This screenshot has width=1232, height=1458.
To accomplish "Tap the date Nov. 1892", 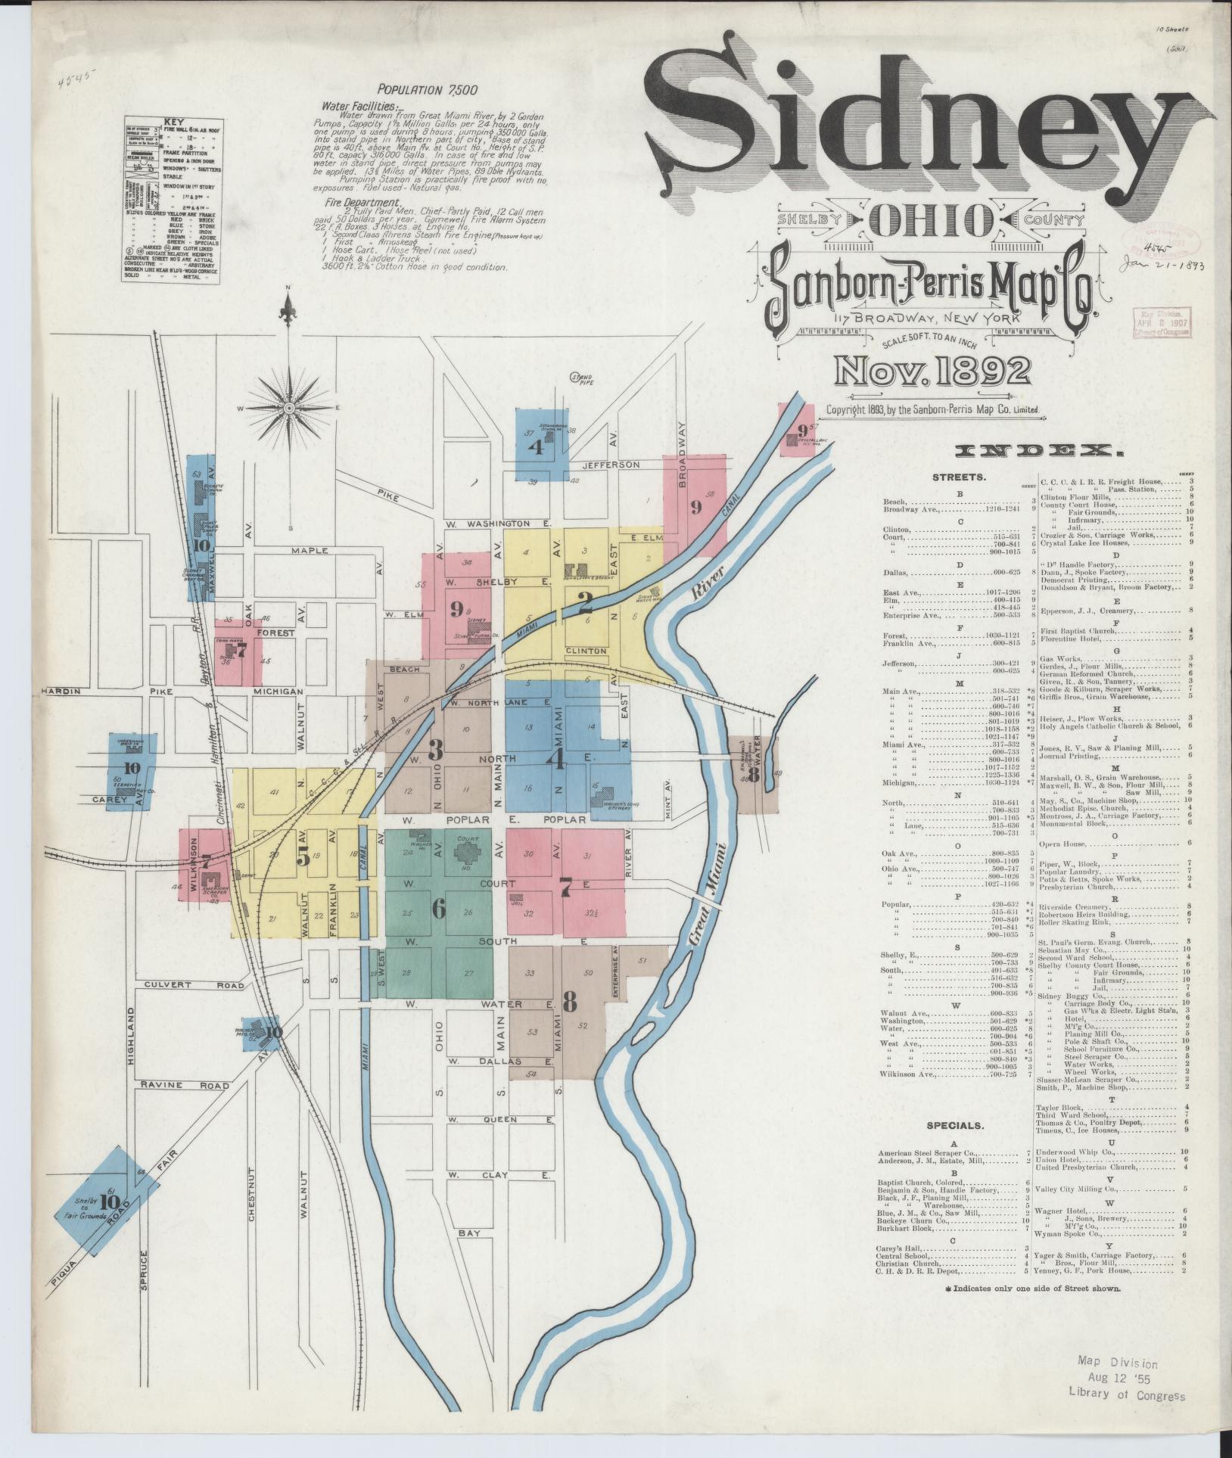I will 932,371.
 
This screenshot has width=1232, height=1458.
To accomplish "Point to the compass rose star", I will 288,407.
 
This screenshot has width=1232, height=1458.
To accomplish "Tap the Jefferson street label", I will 612,465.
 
